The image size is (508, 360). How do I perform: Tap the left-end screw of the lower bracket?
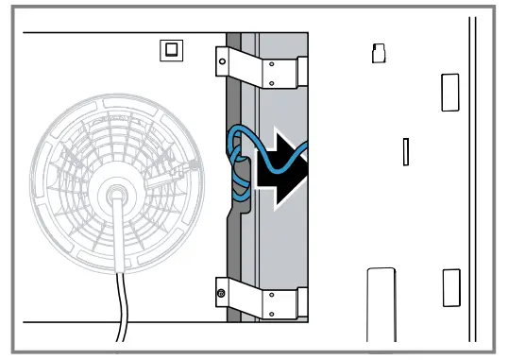(221, 294)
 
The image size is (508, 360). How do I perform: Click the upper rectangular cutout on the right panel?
(449, 93)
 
